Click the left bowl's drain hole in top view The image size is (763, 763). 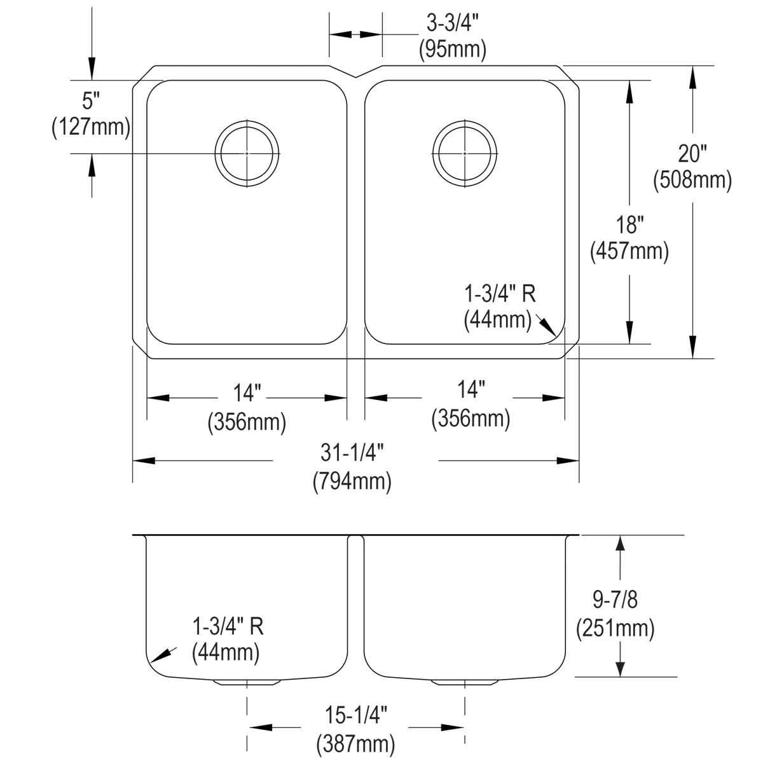click(247, 153)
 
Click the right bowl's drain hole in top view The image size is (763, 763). click(464, 153)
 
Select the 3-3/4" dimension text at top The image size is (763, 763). click(452, 24)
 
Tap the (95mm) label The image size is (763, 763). click(452, 50)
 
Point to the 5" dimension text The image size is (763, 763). click(92, 100)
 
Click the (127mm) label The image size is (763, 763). click(91, 127)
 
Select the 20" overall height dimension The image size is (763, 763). click(692, 153)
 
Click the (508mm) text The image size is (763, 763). click(692, 180)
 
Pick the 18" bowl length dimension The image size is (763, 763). click(629, 224)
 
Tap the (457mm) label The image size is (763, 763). click(629, 252)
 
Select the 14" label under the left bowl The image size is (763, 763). click(247, 394)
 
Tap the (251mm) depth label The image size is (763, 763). click(615, 629)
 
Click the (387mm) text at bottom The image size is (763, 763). click(355, 743)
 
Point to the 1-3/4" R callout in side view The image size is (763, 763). click(228, 627)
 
